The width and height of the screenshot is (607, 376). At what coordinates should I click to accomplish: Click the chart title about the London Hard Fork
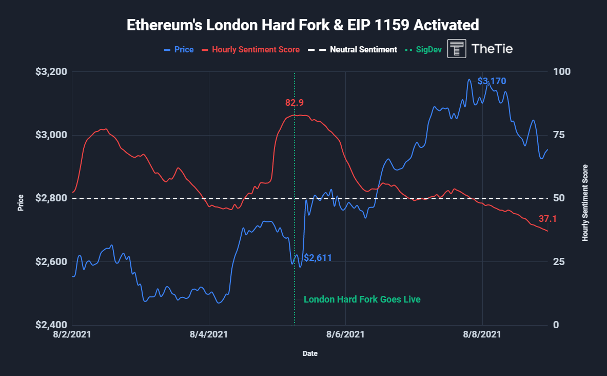(303, 25)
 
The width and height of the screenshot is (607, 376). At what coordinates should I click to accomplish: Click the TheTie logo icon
(457, 48)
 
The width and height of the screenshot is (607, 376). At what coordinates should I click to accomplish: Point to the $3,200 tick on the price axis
(51, 71)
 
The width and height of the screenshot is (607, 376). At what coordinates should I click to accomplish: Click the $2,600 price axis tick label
(51, 262)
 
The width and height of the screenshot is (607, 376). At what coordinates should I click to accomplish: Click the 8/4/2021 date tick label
(209, 335)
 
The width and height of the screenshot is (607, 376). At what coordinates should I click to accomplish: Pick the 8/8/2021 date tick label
(482, 335)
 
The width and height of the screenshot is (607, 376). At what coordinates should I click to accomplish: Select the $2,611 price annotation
(318, 258)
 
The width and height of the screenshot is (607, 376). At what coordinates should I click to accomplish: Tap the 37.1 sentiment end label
(547, 219)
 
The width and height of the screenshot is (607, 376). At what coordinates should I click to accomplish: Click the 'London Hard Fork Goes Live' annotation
(362, 299)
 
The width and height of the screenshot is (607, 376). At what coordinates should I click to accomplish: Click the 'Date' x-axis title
(309, 353)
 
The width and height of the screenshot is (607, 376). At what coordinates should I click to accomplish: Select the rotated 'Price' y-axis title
(21, 203)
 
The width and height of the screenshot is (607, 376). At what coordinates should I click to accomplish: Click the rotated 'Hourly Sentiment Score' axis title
(585, 203)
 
